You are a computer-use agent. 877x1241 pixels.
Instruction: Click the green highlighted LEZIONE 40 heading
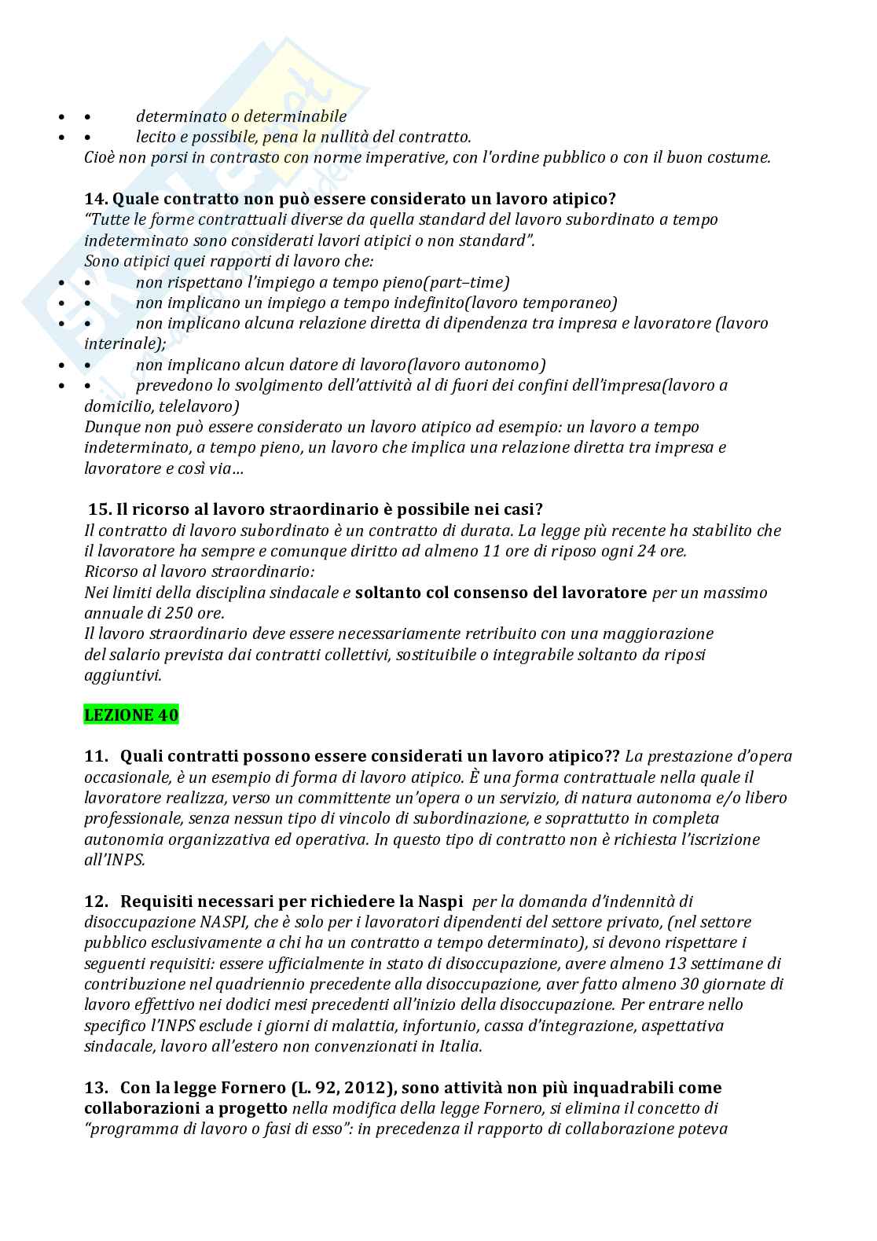click(131, 715)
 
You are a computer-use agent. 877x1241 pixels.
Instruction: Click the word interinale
click(123, 343)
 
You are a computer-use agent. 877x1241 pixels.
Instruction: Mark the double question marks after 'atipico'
click(611, 756)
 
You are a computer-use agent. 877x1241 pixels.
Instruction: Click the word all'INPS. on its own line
click(115, 860)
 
